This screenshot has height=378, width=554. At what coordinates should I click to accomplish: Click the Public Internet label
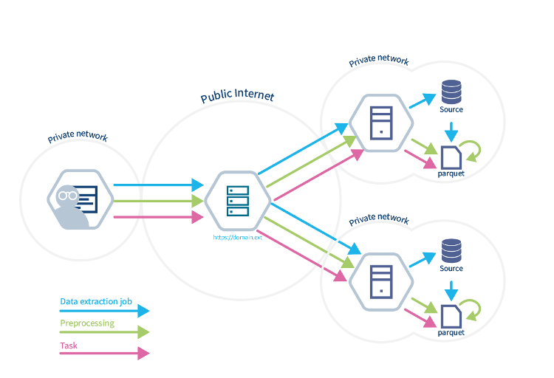coord(237,97)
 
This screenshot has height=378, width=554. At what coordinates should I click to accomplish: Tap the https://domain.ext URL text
coord(238,238)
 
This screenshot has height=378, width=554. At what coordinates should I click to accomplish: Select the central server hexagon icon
coord(238,200)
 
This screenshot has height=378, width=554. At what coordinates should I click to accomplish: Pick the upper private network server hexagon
coord(380,123)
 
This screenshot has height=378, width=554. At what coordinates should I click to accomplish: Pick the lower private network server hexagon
coord(380,281)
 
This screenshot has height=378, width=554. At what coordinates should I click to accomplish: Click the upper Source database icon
coord(451,92)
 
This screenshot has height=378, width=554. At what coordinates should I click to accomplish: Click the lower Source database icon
coord(451,250)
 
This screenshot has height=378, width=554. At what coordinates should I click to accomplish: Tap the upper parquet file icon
coord(451,157)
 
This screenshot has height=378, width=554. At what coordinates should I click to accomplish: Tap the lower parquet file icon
coord(451,315)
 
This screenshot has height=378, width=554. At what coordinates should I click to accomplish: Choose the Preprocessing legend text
coord(87,323)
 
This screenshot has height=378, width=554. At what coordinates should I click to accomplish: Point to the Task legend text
coord(69,345)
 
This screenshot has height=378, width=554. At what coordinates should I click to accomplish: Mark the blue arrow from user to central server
coord(158,185)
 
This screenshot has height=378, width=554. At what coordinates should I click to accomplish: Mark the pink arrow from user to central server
coord(158,217)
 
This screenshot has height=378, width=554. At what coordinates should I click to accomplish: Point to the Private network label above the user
coord(78,137)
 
